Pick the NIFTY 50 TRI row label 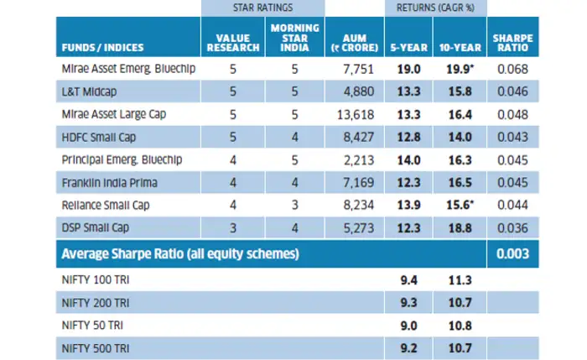pyautogui.click(x=91, y=323)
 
